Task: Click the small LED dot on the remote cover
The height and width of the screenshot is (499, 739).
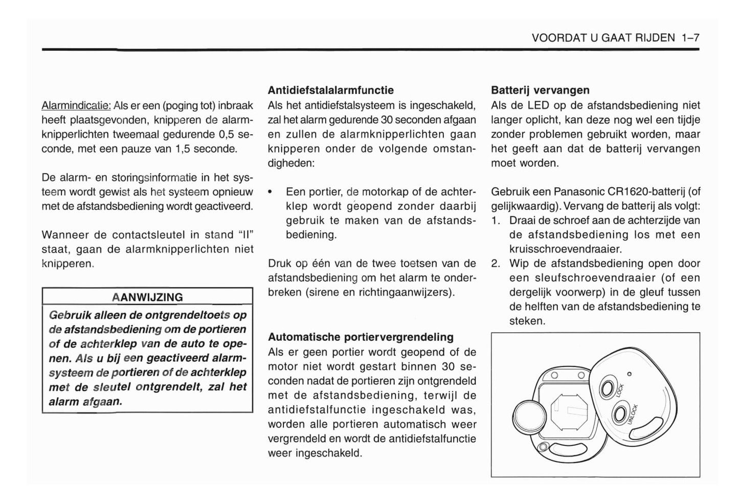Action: point(630,374)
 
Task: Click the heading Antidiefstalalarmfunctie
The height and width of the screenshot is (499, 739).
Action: point(331,90)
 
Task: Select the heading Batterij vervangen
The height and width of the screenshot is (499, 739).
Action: point(540,90)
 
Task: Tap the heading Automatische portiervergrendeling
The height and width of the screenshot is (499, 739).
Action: point(361,337)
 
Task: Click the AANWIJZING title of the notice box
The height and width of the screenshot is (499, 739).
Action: point(147,297)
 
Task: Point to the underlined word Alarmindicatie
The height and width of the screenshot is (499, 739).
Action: point(76,106)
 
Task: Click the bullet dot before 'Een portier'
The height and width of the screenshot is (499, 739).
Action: point(271,192)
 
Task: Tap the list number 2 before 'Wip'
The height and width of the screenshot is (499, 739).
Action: point(495,264)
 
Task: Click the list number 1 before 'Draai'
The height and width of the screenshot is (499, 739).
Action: point(495,221)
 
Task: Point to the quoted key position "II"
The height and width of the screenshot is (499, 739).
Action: point(246,235)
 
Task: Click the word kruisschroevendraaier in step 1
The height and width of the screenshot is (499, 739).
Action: point(565,249)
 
